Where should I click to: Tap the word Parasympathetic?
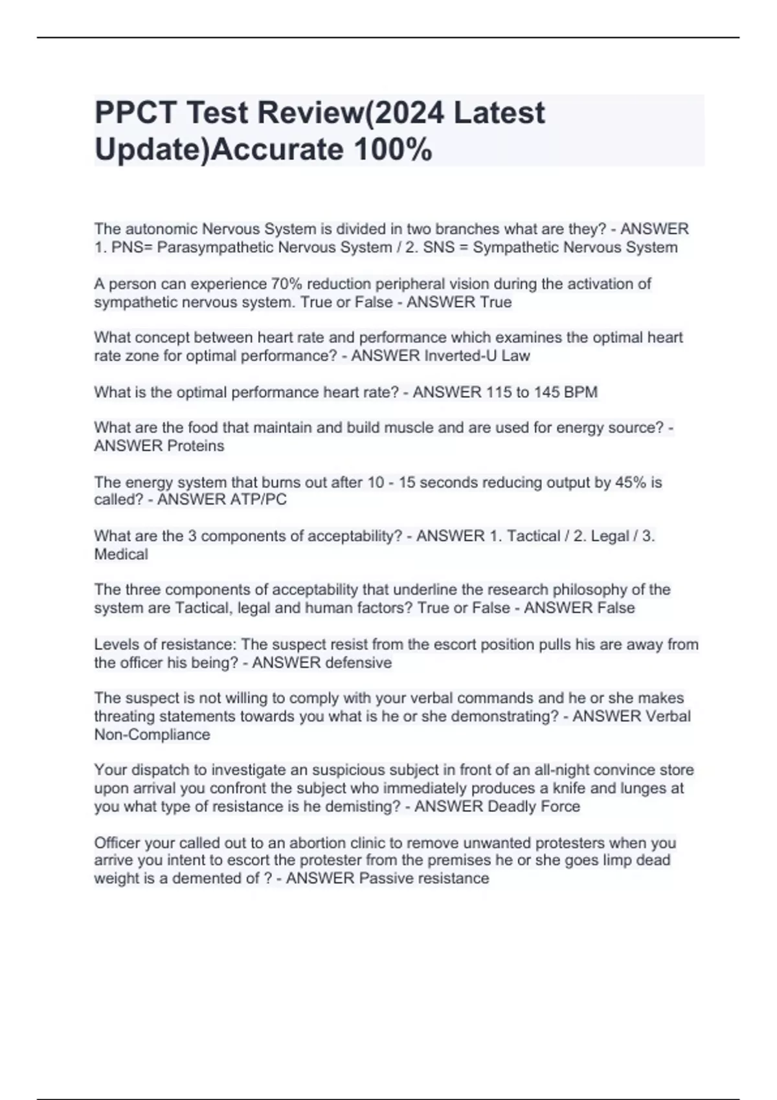click(x=213, y=247)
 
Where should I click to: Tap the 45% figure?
click(x=627, y=482)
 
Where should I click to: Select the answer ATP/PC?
click(x=258, y=500)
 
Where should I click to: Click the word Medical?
click(x=121, y=554)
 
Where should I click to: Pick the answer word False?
click(x=616, y=608)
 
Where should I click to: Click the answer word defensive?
click(x=358, y=663)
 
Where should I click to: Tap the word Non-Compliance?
click(x=152, y=734)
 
